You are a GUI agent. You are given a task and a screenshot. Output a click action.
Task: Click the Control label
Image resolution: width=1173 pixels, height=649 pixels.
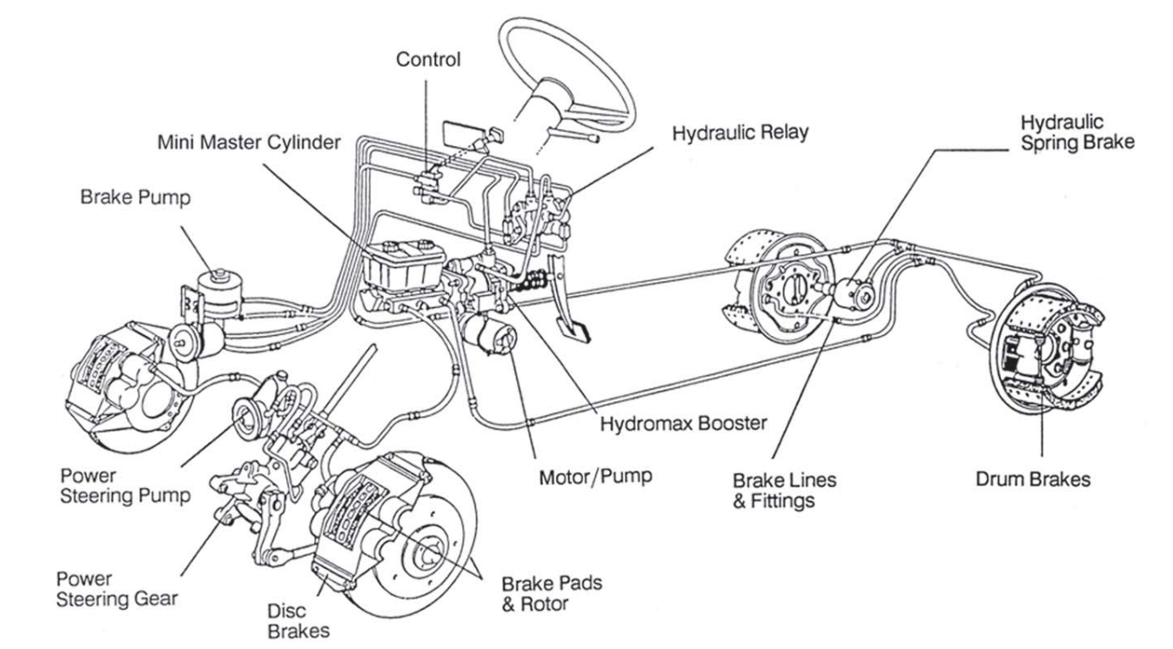(427, 60)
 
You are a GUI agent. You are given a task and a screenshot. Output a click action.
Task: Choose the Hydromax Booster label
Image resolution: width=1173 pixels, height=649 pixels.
(683, 425)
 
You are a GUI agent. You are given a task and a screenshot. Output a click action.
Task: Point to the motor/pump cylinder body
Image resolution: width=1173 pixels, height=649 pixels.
(492, 335)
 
